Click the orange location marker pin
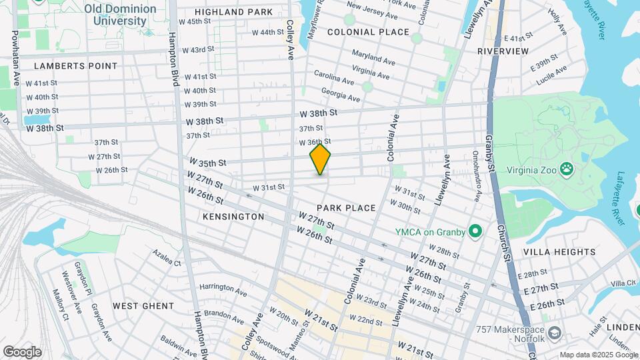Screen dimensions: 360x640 click(320, 159)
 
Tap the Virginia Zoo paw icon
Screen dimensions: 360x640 click(567, 169)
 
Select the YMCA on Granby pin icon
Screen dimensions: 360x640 click(475, 232)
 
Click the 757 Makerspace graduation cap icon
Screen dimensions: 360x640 click(554, 331)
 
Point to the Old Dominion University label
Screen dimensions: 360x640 click(121, 15)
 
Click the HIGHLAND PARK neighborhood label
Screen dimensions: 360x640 click(234, 12)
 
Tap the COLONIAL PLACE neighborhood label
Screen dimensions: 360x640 click(368, 32)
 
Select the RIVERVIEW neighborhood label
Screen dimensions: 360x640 click(503, 51)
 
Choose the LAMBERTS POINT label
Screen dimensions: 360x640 click(75, 66)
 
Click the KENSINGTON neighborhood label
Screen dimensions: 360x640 click(233, 217)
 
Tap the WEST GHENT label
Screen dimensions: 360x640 click(143, 306)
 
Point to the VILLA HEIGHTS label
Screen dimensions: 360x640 click(559, 252)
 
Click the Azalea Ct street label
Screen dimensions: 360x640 click(166, 258)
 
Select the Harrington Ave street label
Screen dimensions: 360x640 click(223, 289)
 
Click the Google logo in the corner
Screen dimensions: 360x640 click(22, 351)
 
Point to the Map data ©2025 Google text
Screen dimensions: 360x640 click(597, 355)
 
